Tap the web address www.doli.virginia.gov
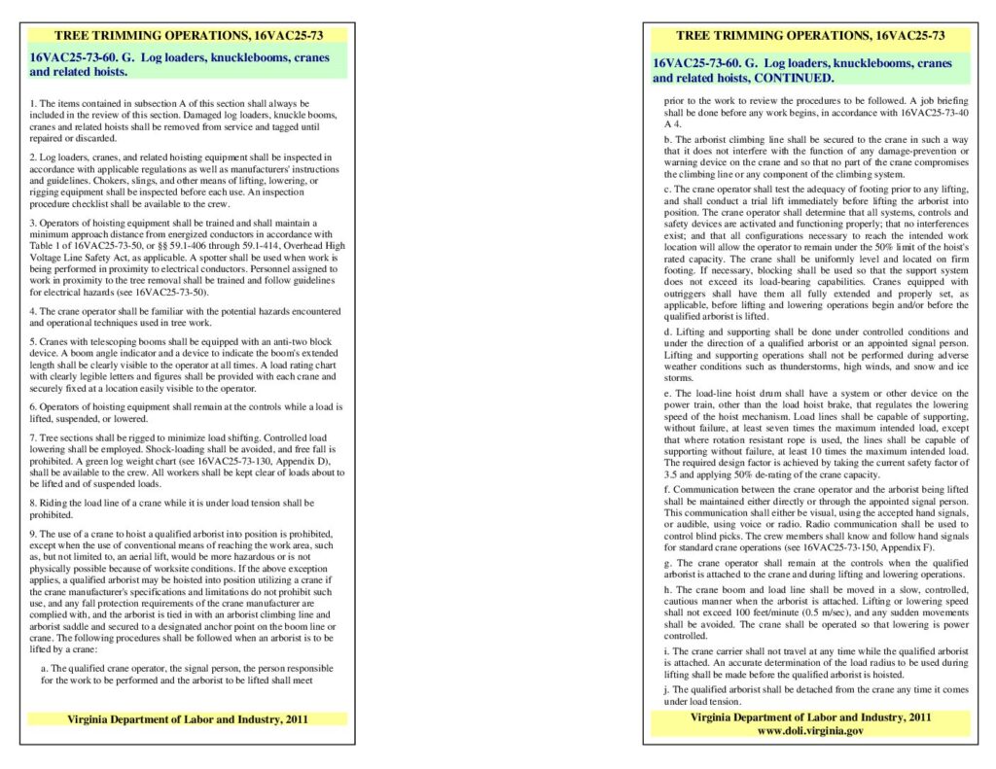(x=809, y=730)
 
